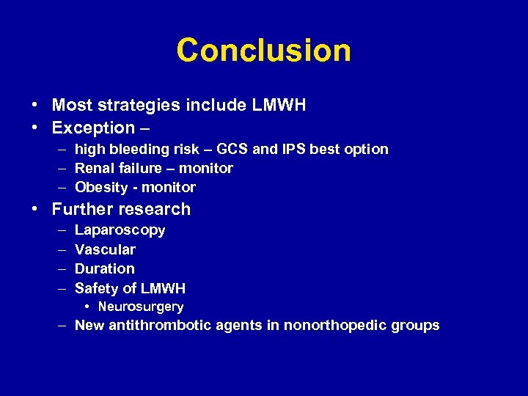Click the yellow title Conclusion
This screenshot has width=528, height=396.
click(263, 51)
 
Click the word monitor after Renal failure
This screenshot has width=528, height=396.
click(208, 169)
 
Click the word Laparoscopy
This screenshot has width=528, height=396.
click(120, 231)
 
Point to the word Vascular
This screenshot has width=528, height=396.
click(105, 250)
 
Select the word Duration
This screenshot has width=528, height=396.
click(105, 269)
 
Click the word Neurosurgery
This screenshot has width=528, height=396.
click(141, 307)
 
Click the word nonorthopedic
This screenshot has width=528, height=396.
click(335, 326)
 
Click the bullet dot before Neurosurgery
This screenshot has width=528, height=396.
click(87, 307)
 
